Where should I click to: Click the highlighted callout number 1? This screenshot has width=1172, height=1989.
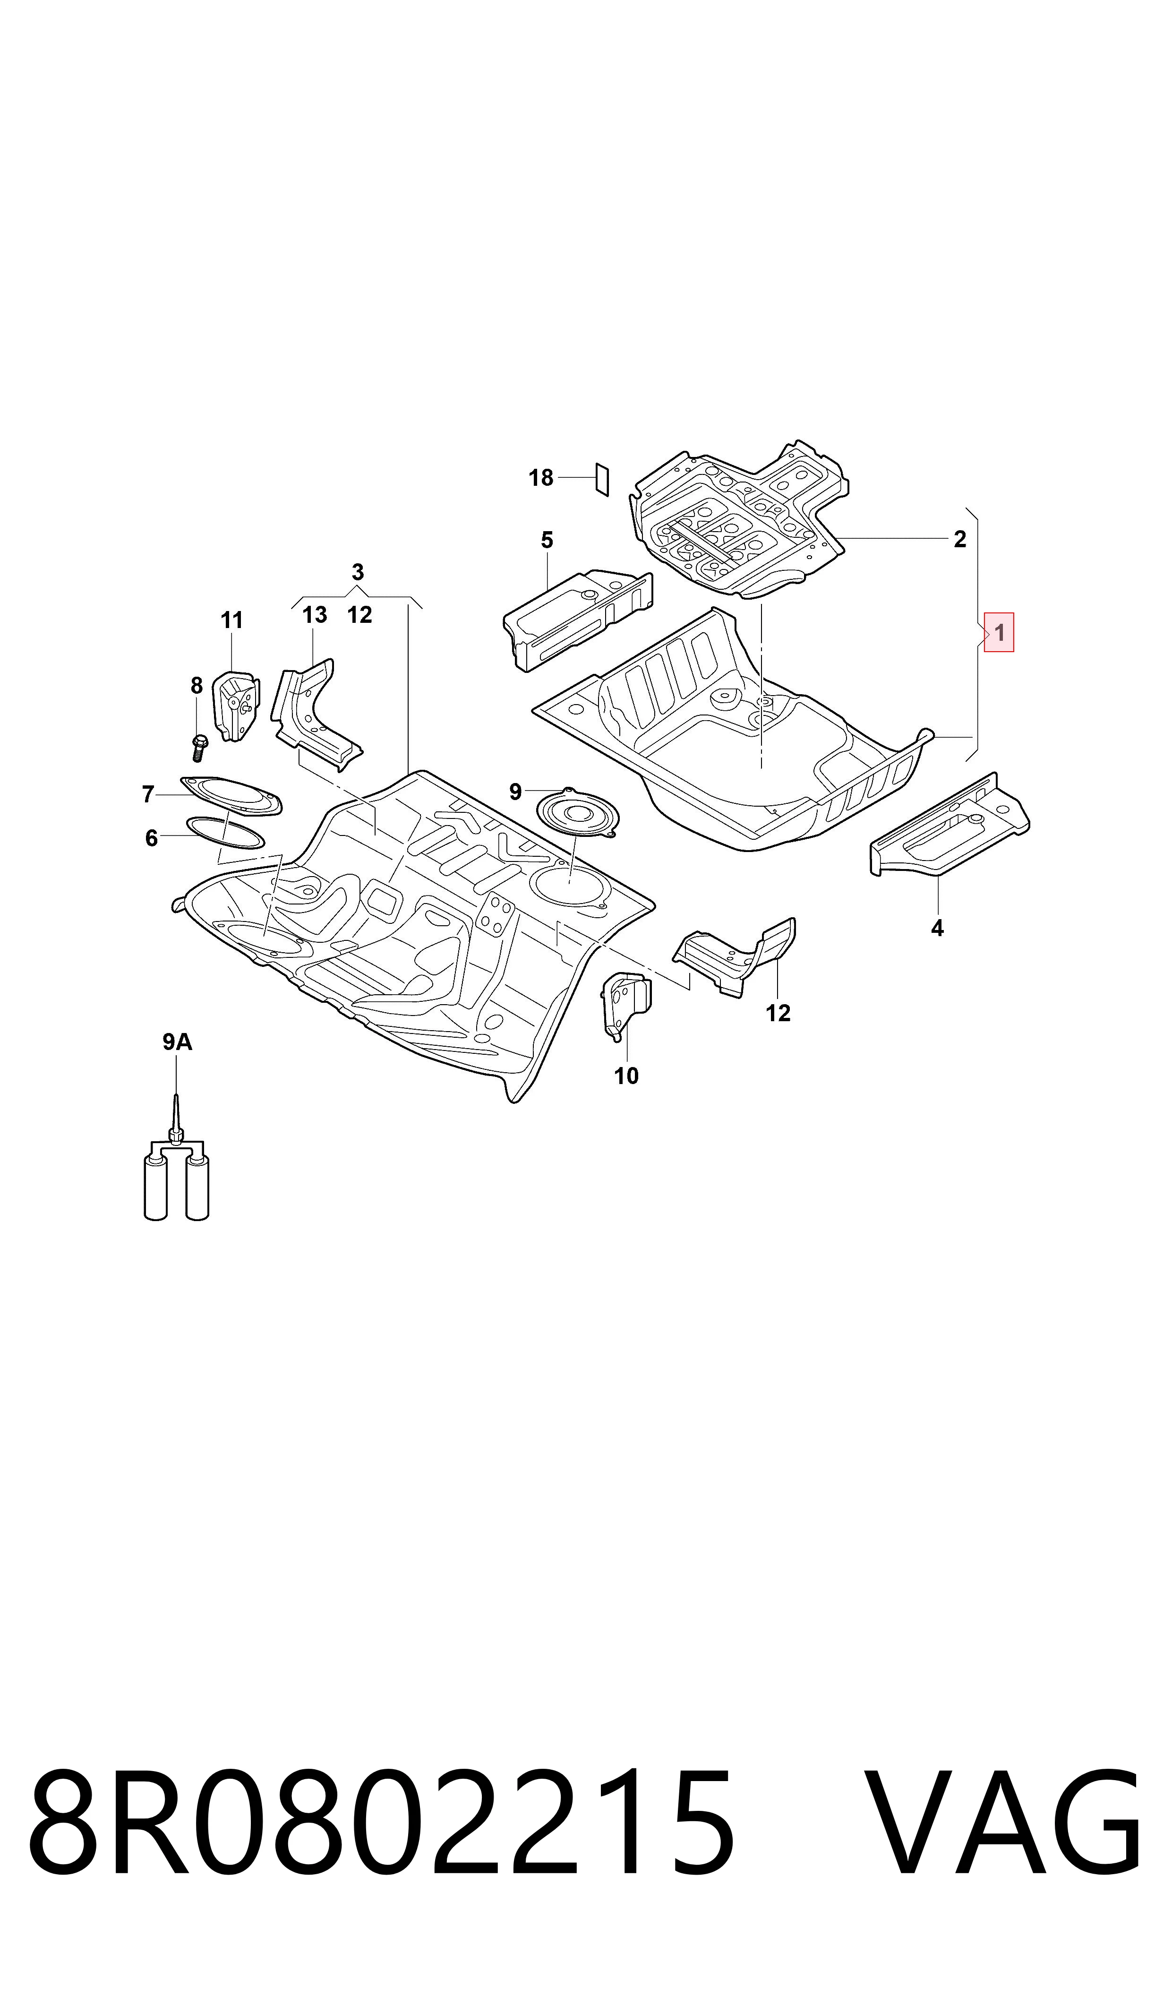pyautogui.click(x=999, y=633)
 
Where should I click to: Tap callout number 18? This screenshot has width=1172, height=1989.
pyautogui.click(x=541, y=478)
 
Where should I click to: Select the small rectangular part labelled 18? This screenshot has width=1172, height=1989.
pyautogui.click(x=602, y=480)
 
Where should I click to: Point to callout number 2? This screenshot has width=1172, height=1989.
pyautogui.click(x=959, y=540)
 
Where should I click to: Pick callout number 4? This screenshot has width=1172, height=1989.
pyautogui.click(x=937, y=928)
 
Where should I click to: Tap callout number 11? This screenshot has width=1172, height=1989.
pyautogui.click(x=231, y=621)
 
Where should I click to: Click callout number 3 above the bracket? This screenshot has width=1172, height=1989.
pyautogui.click(x=358, y=572)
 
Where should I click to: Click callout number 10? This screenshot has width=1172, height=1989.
pyautogui.click(x=626, y=1076)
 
